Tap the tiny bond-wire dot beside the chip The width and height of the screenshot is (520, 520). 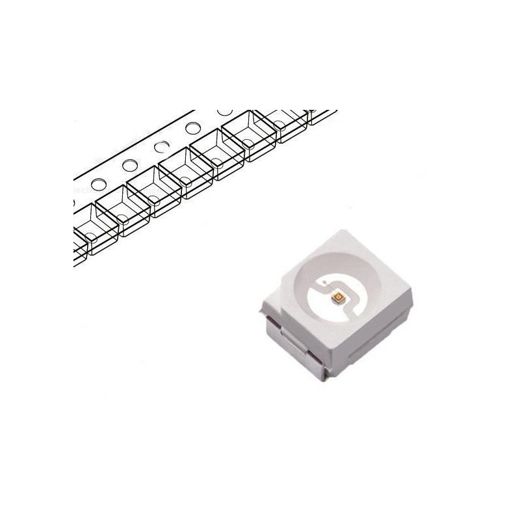coord(323,284)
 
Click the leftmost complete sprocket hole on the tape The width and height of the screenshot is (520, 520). coord(97,185)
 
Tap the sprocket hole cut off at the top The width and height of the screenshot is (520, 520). coord(226,112)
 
